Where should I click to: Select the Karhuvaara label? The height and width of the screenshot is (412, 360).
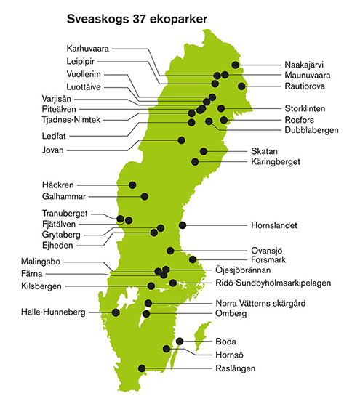(x=88, y=47)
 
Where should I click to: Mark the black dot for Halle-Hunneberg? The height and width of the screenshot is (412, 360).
(x=116, y=312)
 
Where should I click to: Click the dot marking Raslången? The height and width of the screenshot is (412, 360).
(x=142, y=368)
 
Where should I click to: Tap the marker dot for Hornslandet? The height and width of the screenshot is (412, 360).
(x=183, y=225)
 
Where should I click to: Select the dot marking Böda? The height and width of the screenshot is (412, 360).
(x=180, y=342)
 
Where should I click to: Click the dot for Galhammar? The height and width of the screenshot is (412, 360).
(x=144, y=196)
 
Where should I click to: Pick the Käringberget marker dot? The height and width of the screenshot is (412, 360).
(x=195, y=161)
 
